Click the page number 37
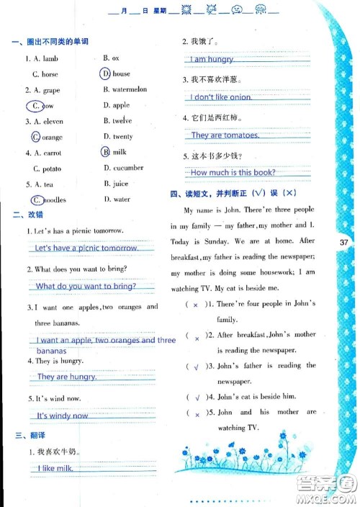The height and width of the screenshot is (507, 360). pyautogui.click(x=343, y=243)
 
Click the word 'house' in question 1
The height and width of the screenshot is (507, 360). pyautogui.click(x=121, y=73)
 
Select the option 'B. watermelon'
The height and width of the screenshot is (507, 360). pyautogui.click(x=125, y=89)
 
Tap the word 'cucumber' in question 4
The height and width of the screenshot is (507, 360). pyautogui.click(x=127, y=168)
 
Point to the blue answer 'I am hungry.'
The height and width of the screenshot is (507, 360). pyautogui.click(x=212, y=59)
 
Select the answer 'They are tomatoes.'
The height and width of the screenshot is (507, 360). pyautogui.click(x=225, y=135)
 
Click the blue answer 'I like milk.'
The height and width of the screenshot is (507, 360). pyautogui.click(x=57, y=468)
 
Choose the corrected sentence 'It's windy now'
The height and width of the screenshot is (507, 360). pyautogui.click(x=62, y=416)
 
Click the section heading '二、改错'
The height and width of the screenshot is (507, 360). pyautogui.click(x=28, y=215)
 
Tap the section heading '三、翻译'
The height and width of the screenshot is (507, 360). pyautogui.click(x=28, y=435)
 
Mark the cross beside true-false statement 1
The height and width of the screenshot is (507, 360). pyautogui.click(x=195, y=305)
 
